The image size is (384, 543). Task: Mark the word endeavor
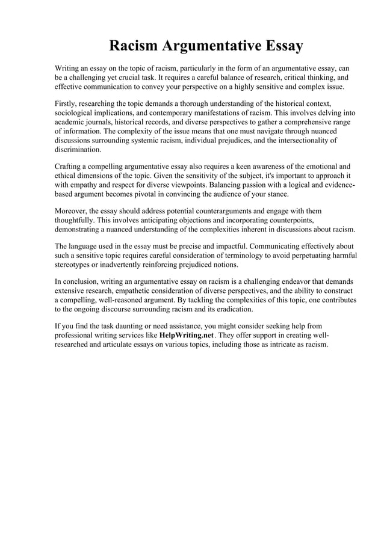point(286,281)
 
